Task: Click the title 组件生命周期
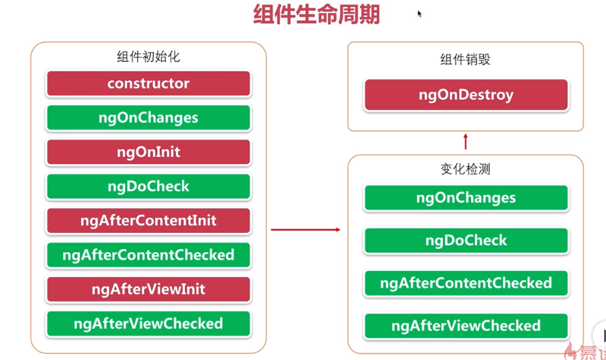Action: (x=317, y=15)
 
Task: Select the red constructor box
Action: (x=148, y=83)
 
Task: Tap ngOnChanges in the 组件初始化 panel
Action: (x=148, y=117)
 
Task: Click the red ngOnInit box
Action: (x=148, y=152)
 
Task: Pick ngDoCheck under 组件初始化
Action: (x=148, y=187)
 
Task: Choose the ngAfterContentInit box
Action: (x=148, y=220)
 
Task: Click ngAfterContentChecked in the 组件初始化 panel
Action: (x=148, y=255)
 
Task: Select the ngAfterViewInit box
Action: (x=148, y=290)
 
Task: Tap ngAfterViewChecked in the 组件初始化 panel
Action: (x=148, y=324)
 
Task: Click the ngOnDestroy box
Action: (x=466, y=95)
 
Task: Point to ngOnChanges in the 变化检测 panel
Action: (x=466, y=197)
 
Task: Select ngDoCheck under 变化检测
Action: (x=466, y=241)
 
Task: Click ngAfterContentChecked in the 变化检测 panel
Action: (x=466, y=283)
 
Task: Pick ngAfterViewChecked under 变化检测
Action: (x=466, y=326)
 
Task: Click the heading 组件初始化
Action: (x=148, y=57)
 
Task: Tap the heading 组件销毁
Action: (x=465, y=60)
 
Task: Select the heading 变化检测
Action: (x=465, y=169)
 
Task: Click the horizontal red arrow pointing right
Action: (x=306, y=230)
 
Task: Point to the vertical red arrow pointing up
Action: (x=465, y=142)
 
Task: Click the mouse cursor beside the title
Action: (x=419, y=13)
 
